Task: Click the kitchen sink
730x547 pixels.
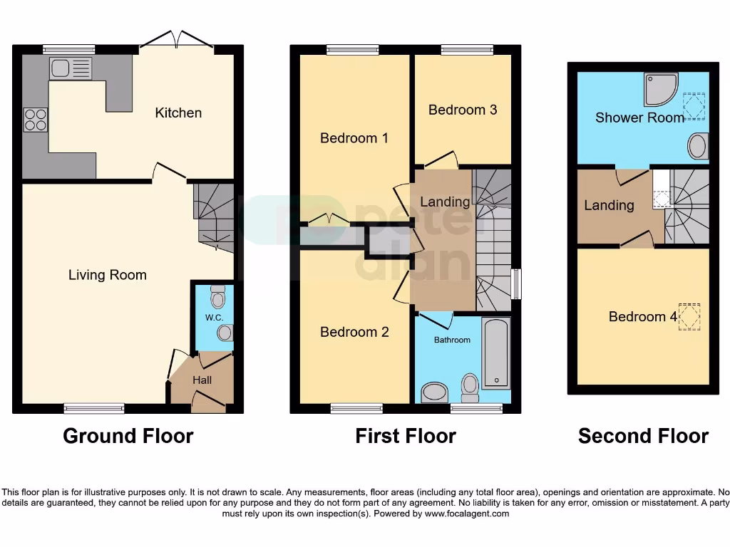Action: pos(71,68)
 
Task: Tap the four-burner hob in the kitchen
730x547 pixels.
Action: pos(36,119)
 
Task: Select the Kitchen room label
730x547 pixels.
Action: pos(178,113)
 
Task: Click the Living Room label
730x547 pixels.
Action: pos(107,275)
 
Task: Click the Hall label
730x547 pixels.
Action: pos(202,380)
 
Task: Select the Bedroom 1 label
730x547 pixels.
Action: pos(354,137)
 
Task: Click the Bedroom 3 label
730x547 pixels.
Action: pos(462,110)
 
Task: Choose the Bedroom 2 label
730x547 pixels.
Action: pos(354,332)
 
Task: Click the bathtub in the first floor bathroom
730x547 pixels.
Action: pos(496,353)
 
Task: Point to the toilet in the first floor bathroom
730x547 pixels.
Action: pos(470,386)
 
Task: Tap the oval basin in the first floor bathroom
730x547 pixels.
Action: pos(434,392)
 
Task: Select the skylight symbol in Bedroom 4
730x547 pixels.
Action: pos(689,317)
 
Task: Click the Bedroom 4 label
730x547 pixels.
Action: pos(642,317)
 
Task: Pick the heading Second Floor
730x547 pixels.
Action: pos(643,436)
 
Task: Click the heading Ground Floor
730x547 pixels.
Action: pos(128,436)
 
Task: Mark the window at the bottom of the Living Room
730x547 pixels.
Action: pos(93,408)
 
